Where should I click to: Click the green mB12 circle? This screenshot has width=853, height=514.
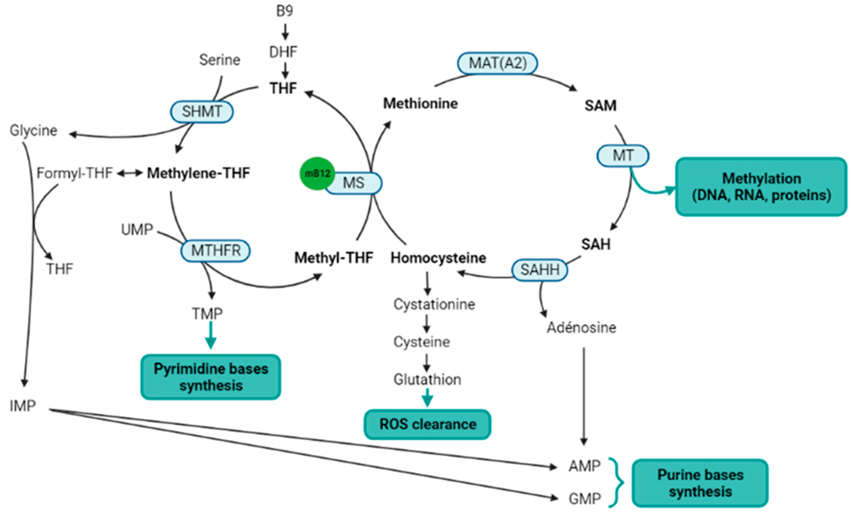tap(317, 173)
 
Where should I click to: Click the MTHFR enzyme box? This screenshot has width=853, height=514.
tap(215, 251)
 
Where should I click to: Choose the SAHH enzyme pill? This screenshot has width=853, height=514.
tap(539, 270)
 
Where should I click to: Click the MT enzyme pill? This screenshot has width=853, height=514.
tap(623, 156)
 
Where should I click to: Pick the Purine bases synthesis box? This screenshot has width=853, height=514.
tap(700, 483)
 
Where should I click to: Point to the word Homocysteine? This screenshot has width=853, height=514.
tap(438, 258)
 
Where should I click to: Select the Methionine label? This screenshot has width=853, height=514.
tap(420, 103)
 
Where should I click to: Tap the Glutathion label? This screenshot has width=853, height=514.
tap(427, 380)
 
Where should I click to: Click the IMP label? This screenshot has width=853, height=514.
tap(22, 406)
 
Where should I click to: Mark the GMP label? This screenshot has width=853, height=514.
tap(585, 499)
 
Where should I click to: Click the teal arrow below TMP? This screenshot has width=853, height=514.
tap(210, 335)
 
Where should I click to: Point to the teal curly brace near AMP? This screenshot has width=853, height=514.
tap(616, 482)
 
